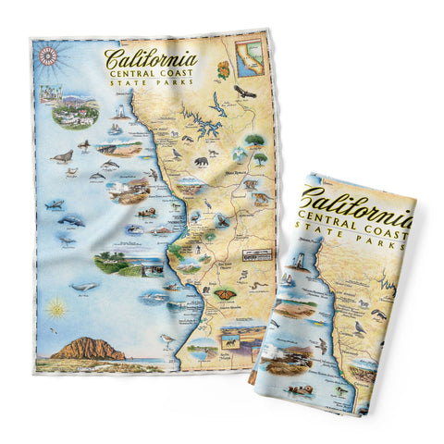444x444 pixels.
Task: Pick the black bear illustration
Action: (201, 163)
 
